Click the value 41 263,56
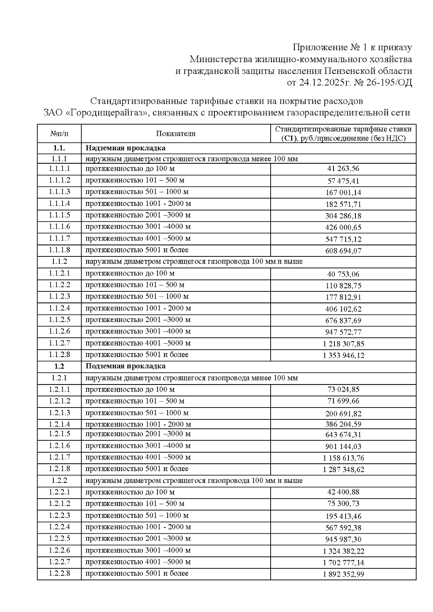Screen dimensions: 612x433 click(x=343, y=169)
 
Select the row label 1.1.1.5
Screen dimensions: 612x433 click(x=60, y=215)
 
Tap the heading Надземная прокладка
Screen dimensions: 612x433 click(x=125, y=148)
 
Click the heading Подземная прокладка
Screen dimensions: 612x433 click(x=125, y=366)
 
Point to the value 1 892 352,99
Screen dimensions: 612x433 click(x=343, y=574)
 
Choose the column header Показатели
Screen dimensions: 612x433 click(x=176, y=134)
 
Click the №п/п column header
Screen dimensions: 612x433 click(x=60, y=134)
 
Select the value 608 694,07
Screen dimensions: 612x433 click(x=343, y=251)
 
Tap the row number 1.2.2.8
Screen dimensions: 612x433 click(x=60, y=573)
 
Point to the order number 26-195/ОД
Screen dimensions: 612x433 click(x=389, y=83)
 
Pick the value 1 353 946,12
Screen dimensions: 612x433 click(x=343, y=356)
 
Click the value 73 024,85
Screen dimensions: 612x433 click(x=343, y=389)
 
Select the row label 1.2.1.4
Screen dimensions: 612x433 click(x=60, y=424)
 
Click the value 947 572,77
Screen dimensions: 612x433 click(x=343, y=332)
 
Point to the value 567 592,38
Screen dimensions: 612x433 click(x=343, y=528)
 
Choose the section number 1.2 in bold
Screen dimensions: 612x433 click(x=60, y=366)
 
